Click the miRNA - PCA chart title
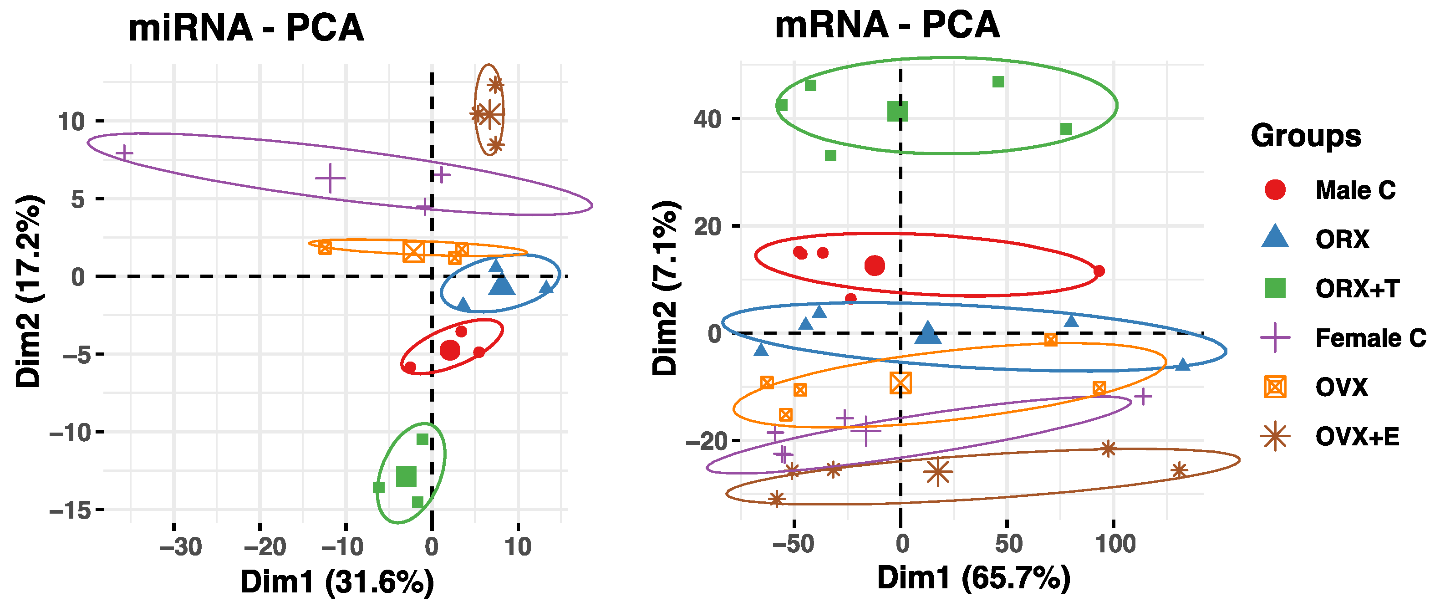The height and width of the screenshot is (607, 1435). [246, 28]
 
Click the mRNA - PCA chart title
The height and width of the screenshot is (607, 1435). [887, 25]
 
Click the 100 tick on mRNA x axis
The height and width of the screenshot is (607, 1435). [1115, 543]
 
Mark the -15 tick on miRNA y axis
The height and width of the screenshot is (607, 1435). [70, 510]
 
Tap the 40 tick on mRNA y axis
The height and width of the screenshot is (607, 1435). [707, 119]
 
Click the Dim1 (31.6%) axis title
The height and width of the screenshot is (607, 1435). [337, 582]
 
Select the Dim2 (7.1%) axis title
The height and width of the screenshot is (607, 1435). [665, 288]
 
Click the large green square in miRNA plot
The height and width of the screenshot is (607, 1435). [406, 476]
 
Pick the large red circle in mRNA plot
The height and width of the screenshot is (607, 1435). [875, 266]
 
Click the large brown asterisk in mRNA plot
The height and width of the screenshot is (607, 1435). [938, 472]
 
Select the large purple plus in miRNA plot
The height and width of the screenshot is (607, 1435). [331, 179]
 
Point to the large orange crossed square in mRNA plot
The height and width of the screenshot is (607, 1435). [901, 383]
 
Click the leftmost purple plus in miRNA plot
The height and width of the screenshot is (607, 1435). [124, 153]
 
